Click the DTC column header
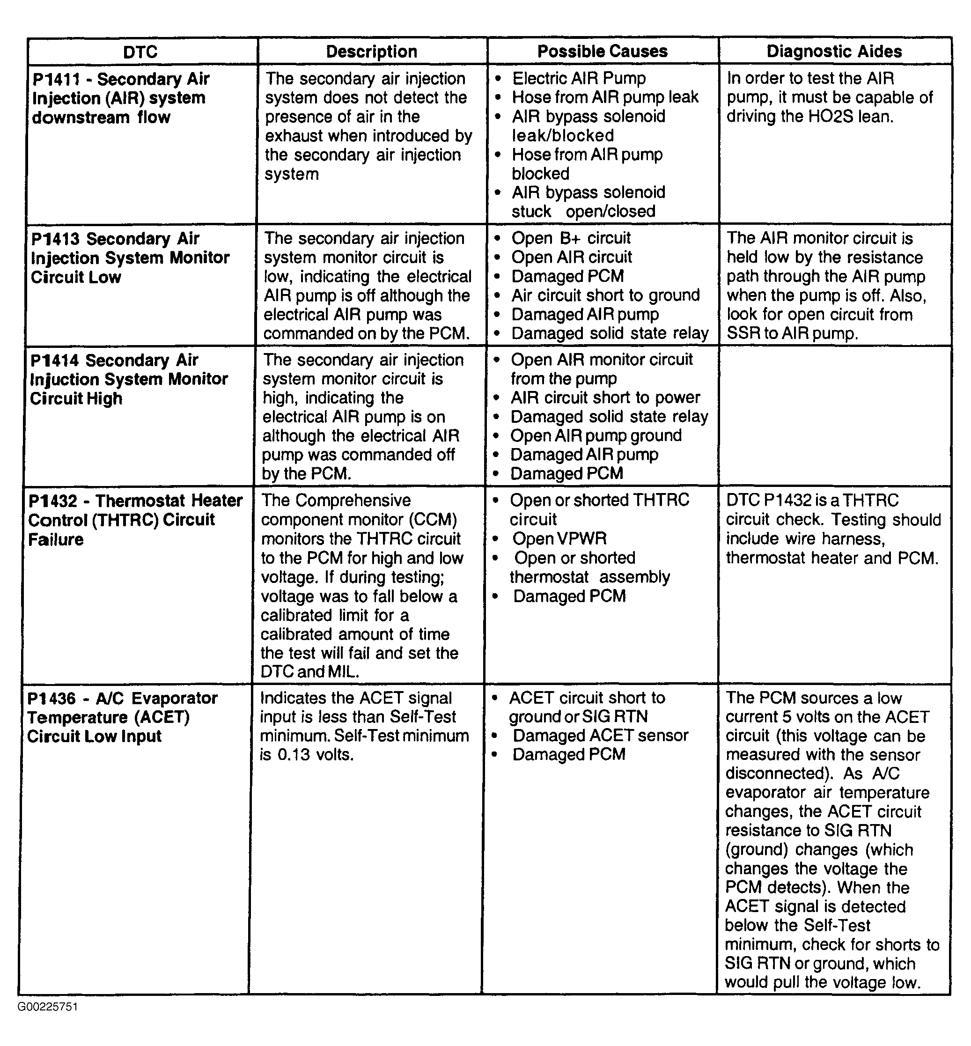(140, 52)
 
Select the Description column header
(371, 52)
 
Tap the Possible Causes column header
(602, 51)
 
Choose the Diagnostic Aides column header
(834, 51)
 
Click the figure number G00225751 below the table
(47, 1007)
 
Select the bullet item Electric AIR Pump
(579, 78)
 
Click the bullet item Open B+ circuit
(571, 238)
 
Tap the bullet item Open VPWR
(559, 538)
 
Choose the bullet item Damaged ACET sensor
(600, 736)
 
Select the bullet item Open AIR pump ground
(596, 435)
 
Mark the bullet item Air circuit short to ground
(605, 295)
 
